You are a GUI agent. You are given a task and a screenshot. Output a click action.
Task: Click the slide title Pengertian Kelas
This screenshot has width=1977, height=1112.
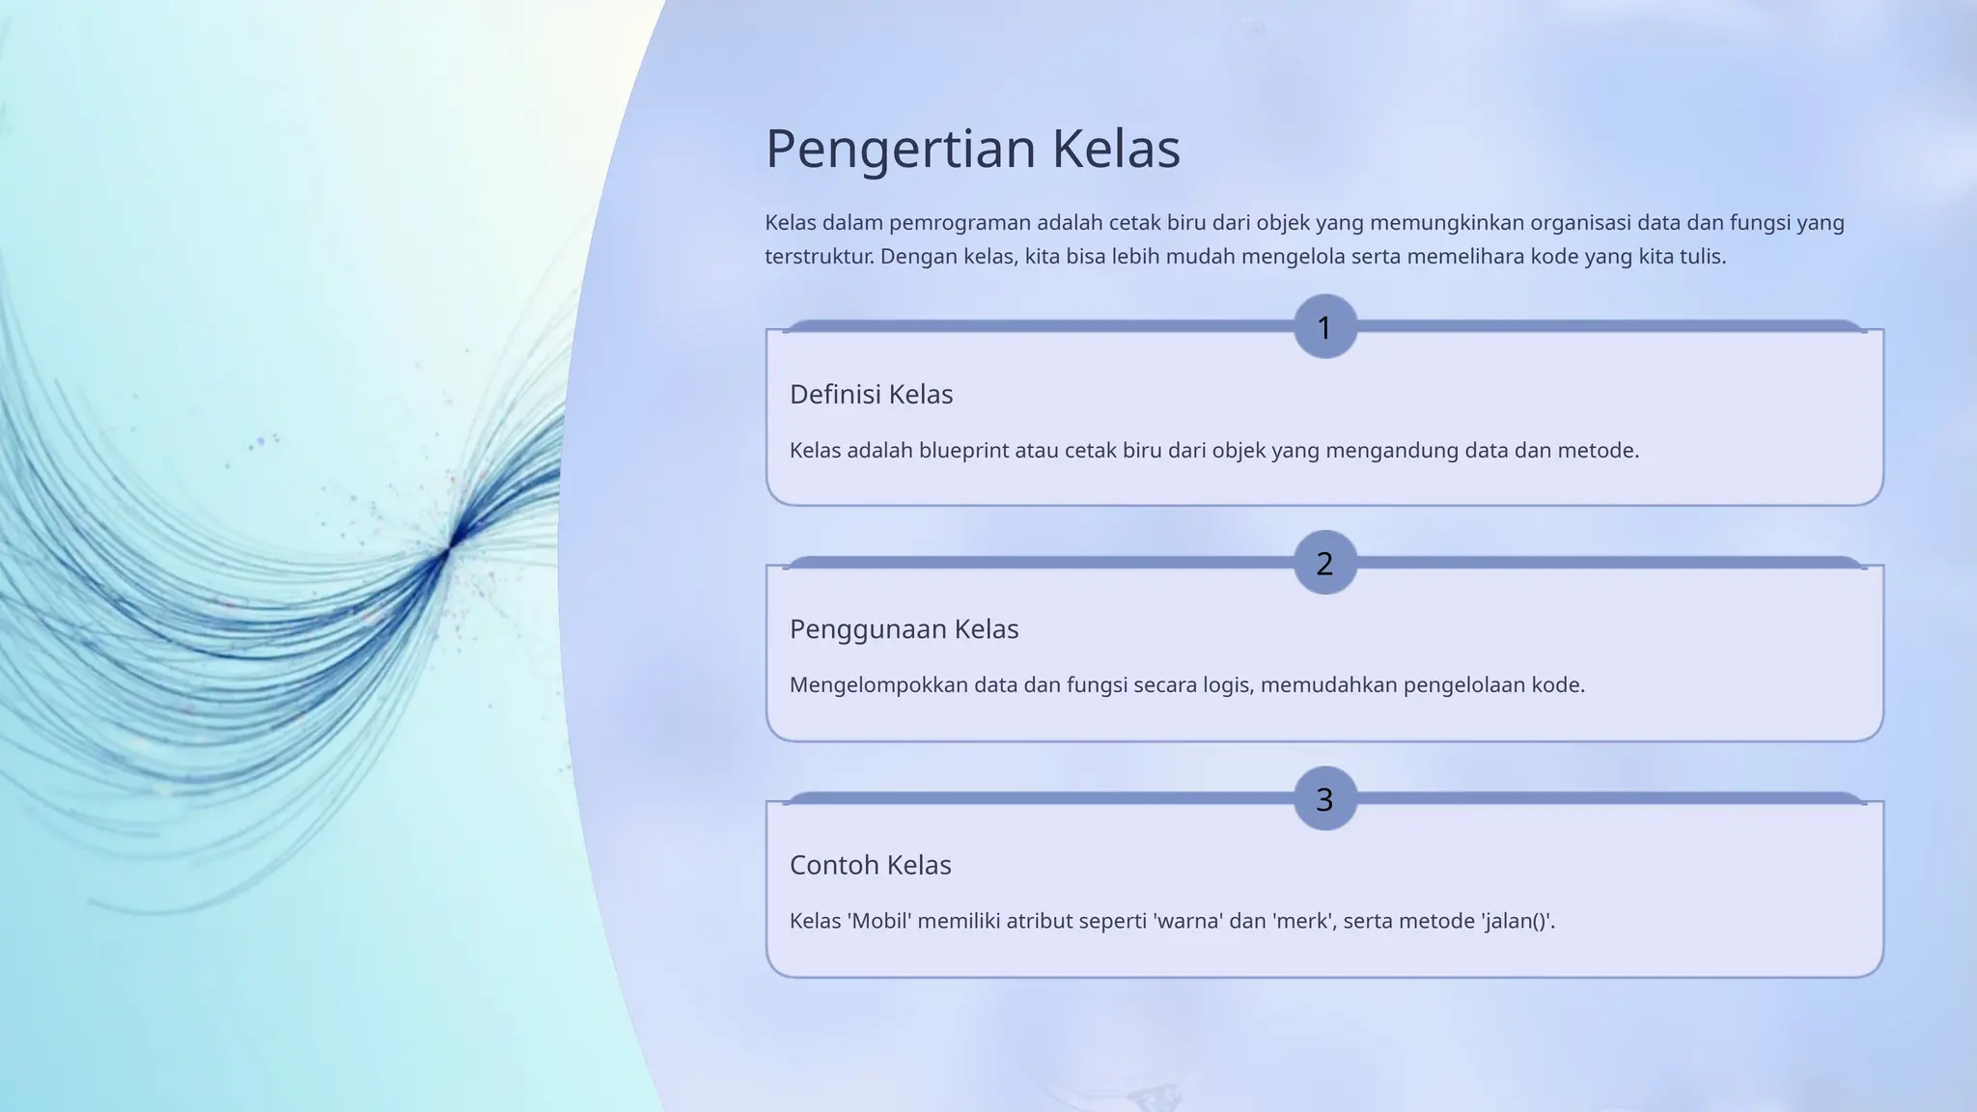pos(972,150)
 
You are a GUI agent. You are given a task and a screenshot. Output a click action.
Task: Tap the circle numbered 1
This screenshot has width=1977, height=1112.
pos(1324,327)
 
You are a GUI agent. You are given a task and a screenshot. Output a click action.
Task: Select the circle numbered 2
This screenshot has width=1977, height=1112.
pos(1324,563)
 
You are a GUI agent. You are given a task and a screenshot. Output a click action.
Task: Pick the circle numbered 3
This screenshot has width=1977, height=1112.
pos(1324,799)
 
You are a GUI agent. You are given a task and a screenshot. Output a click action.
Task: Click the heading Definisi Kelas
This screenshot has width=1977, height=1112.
pos(871,395)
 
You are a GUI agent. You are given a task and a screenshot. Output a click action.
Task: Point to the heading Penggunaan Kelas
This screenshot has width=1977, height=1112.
pos(904,629)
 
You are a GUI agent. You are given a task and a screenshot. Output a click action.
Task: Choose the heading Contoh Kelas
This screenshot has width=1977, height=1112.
pos(870,865)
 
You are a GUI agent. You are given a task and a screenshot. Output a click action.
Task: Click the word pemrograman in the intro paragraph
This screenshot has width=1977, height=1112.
pos(960,224)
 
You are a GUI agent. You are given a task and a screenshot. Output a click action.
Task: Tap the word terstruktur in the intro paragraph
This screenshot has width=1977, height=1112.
pos(820,257)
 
